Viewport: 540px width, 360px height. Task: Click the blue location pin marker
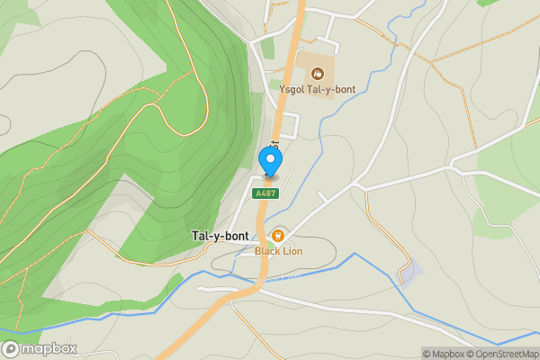click(270, 161)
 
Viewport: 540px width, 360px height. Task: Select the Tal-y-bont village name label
click(220, 236)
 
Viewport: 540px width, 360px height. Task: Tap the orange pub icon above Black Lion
click(278, 235)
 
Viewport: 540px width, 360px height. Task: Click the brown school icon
click(315, 71)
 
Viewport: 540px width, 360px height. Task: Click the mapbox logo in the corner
click(40, 348)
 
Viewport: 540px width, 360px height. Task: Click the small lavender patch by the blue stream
click(410, 271)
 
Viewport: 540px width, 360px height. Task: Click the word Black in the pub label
click(268, 251)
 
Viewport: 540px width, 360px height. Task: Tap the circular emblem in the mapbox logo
click(11, 348)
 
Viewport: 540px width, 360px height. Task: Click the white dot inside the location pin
click(270, 158)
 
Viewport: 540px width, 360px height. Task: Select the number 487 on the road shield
click(267, 193)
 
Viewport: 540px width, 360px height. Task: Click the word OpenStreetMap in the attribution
click(509, 354)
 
